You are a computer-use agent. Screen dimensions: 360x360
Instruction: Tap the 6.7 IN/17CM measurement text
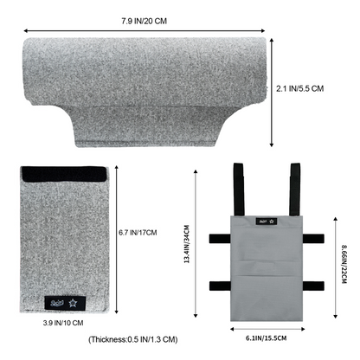(x=138, y=233)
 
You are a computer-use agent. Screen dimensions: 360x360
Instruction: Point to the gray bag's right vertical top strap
(x=293, y=190)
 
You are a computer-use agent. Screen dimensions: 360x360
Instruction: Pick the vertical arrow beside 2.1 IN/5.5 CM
(x=276, y=91)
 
